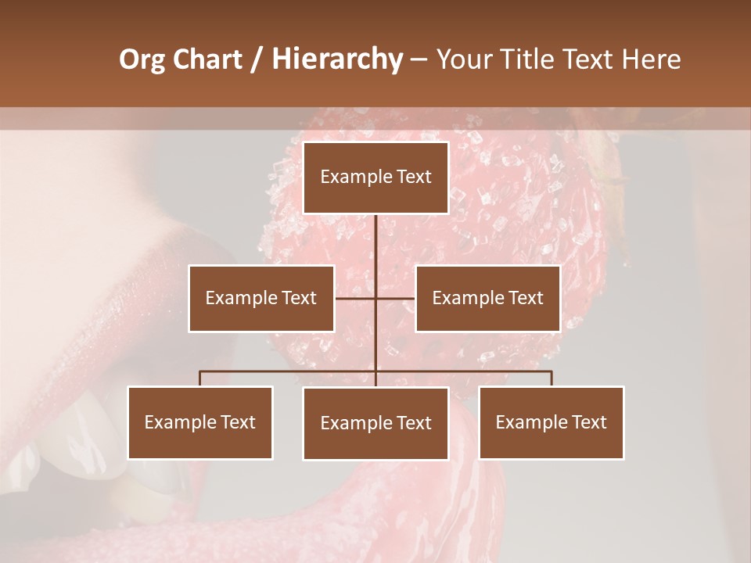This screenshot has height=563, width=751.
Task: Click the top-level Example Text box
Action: pyautogui.click(x=375, y=178)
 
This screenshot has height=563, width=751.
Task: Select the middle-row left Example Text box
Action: pyautogui.click(x=261, y=298)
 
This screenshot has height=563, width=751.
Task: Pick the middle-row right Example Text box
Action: pyautogui.click(x=487, y=298)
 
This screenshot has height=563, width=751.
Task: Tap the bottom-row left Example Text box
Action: pyautogui.click(x=200, y=422)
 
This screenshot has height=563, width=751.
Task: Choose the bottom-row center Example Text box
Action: pyautogui.click(x=375, y=423)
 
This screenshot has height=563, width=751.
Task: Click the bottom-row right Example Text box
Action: pyautogui.click(x=552, y=422)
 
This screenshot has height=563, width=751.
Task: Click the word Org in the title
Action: pyautogui.click(x=141, y=59)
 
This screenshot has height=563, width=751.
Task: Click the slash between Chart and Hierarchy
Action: pyautogui.click(x=257, y=59)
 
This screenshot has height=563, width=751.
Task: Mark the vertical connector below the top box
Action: pyautogui.click(x=376, y=250)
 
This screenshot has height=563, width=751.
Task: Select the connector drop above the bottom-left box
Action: pyautogui.click(x=200, y=378)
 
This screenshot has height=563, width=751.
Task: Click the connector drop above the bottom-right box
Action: pyautogui.click(x=552, y=378)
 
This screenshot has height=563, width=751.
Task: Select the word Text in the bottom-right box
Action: pyautogui.click(x=589, y=422)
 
